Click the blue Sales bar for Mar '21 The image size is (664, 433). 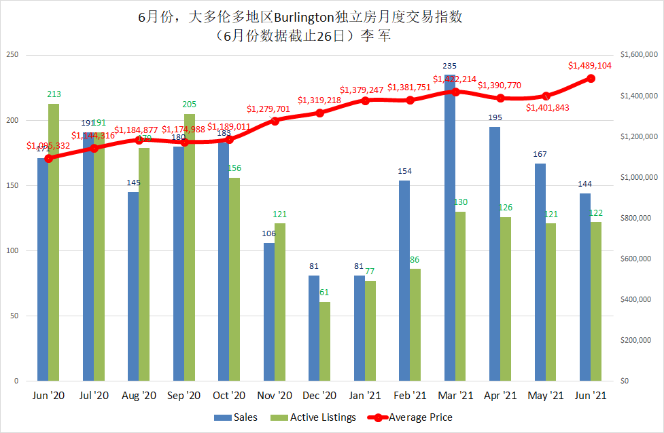pos(450,231)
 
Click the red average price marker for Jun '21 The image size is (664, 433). pos(591,79)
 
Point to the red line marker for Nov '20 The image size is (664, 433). pos(275,121)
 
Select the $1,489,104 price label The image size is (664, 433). pos(590,66)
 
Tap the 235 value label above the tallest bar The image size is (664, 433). pos(449,66)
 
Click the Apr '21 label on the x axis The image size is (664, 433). pos(500,395)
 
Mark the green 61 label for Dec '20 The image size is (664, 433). pos(325,293)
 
